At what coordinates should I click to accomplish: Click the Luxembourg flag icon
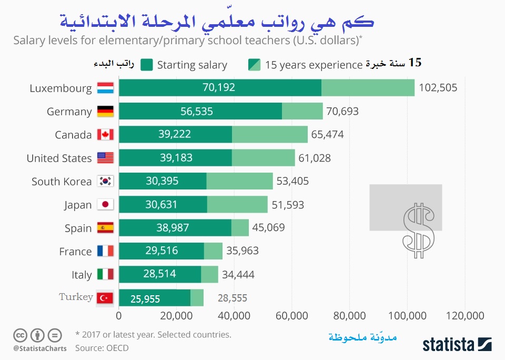pyautogui.click(x=105, y=88)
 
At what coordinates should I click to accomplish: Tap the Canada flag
pyautogui.click(x=105, y=135)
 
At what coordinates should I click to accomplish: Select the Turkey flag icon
pyautogui.click(x=105, y=298)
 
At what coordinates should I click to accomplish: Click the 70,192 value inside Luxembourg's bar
pyautogui.click(x=219, y=88)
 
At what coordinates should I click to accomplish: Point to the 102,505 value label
pyautogui.click(x=438, y=88)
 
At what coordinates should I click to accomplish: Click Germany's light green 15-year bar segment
pyautogui.click(x=302, y=111)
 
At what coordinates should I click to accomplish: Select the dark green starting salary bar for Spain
pyautogui.click(x=175, y=228)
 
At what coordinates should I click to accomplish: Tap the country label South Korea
pyautogui.click(x=61, y=182)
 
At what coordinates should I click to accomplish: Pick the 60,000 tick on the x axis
pyautogui.click(x=291, y=316)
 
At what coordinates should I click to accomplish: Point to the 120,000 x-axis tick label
pyautogui.click(x=464, y=316)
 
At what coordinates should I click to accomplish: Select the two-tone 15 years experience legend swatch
pyautogui.click(x=254, y=65)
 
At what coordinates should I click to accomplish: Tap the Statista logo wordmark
pyautogui.click(x=447, y=344)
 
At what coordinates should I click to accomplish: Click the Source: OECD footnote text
pyautogui.click(x=102, y=348)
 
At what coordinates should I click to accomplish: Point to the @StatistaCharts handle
pyautogui.click(x=40, y=348)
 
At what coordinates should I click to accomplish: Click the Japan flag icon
pyautogui.click(x=105, y=205)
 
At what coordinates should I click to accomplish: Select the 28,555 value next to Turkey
pyautogui.click(x=232, y=298)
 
